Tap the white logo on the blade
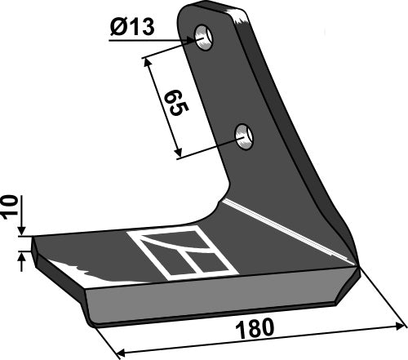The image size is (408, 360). tap(181, 254)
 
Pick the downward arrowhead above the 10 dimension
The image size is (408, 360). tap(23, 233)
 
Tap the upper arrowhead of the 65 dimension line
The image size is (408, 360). tap(147, 60)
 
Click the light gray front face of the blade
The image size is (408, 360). tap(212, 294)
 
